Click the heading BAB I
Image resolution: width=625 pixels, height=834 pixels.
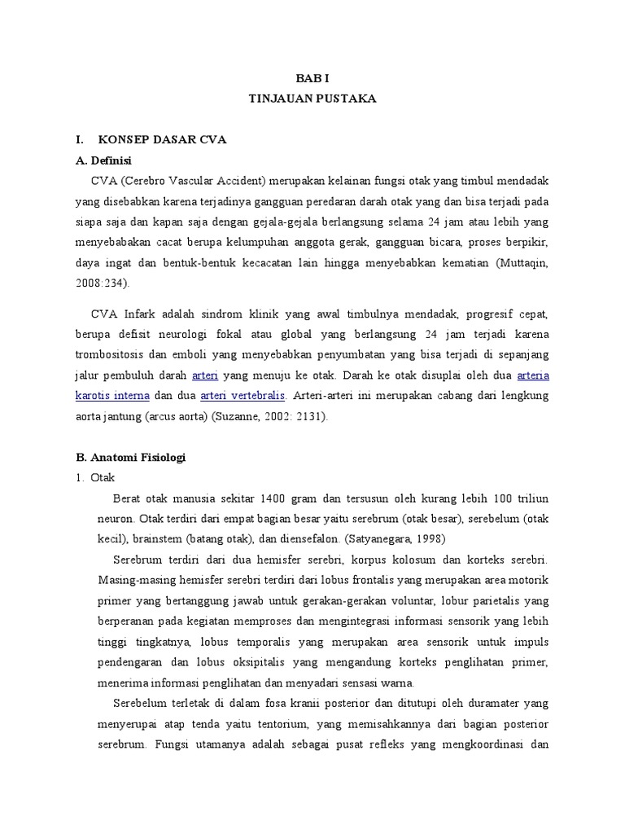click(x=312, y=78)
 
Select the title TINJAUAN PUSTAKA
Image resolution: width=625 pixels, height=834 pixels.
click(x=312, y=99)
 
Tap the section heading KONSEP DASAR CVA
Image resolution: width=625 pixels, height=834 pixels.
click(x=161, y=139)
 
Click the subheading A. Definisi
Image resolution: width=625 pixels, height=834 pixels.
click(x=103, y=160)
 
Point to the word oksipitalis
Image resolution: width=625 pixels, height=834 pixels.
click(x=247, y=662)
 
